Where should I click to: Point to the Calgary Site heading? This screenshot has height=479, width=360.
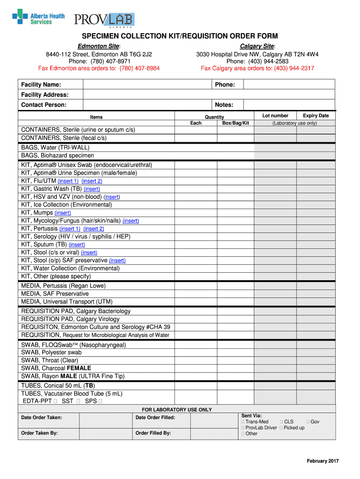pos(257,46)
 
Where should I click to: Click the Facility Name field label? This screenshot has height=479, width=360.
pos(41,85)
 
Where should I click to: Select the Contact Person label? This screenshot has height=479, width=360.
pos(44,105)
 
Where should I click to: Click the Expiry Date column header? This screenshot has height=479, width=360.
pos(316,116)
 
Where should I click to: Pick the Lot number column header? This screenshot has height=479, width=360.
pos(275,116)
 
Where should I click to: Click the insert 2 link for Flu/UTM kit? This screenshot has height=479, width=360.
pos(92,181)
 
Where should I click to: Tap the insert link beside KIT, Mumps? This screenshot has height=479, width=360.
pos(63,213)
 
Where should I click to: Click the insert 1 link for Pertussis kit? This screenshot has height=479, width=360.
pos(70,229)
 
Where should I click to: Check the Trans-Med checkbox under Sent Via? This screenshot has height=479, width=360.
pos(243,422)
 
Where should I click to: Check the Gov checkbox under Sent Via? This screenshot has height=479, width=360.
pos(308,422)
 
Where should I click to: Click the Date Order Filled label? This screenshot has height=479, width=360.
pos(155,418)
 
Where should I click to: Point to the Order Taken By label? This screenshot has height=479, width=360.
pos(39,433)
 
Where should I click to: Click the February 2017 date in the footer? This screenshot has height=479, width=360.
pos(323,461)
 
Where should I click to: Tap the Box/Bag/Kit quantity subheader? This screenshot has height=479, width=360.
pos(236,123)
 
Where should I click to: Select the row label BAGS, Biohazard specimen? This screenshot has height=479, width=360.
pos(58,155)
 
